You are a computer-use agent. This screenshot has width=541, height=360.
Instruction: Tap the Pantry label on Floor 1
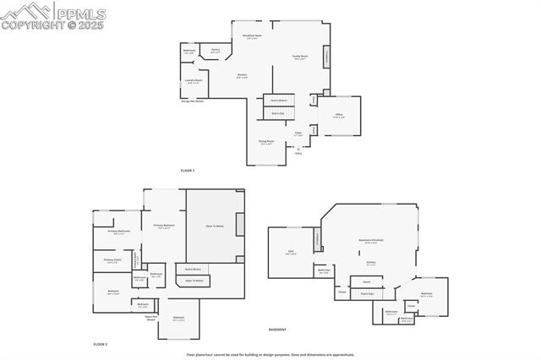pos(216,51)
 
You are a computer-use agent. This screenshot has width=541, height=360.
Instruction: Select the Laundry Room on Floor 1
pos(194,82)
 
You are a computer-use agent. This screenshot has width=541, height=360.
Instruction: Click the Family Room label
pos(300,57)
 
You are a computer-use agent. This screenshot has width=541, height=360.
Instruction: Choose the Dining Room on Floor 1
pos(266,143)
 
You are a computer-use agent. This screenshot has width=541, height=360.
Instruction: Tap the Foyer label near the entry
pos(298,133)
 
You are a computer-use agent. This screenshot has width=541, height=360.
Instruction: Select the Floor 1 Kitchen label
pos(242,75)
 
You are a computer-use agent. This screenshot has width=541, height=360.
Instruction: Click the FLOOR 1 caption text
pos(187,171)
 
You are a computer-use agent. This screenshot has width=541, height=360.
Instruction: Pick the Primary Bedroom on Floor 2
pos(164,226)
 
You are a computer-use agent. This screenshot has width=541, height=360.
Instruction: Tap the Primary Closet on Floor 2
pos(112,260)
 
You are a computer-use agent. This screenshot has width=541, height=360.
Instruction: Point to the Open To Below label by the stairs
pos(194,281)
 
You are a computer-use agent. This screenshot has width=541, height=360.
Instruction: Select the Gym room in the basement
pos(291,252)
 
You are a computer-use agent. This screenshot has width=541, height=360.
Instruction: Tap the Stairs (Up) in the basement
pos(367,294)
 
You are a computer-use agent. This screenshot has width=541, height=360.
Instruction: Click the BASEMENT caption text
pos(277,330)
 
